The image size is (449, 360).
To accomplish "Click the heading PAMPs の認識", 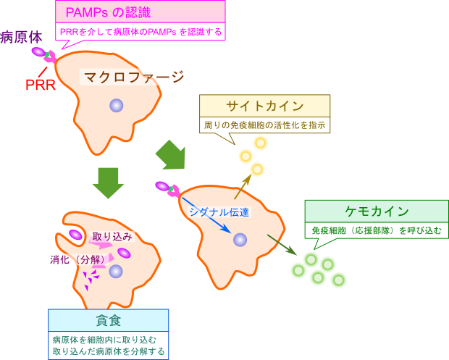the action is tap(108, 12).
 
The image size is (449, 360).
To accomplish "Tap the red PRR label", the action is tap(41, 85).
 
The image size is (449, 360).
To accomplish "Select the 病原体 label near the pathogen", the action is tap(21, 38).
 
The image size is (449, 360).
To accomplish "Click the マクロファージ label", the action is tap(134, 77).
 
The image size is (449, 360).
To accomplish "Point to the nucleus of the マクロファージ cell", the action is tap(117, 106).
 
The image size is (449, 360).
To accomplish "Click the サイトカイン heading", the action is tap(264, 106).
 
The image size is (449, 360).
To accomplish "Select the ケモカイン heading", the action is tap(377, 212).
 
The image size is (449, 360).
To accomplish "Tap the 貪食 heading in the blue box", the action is tap(108, 320).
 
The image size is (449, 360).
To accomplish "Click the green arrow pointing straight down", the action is tap(108, 183).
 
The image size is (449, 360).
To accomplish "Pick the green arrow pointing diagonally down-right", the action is tap(171, 155).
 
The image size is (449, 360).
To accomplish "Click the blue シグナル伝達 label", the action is tap(219, 212).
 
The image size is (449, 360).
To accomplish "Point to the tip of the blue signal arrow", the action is tap(231, 233).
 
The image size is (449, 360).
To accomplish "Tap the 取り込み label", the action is tap(112, 237).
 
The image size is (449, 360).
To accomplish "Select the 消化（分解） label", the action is tap(77, 259).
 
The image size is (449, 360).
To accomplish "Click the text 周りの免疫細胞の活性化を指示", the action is tap(264, 125).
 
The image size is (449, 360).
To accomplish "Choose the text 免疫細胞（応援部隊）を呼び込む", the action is tap(377, 230).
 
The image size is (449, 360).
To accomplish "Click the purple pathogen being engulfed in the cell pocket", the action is tap(75, 235).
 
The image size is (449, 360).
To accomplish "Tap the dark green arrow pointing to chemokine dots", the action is tap(282, 245).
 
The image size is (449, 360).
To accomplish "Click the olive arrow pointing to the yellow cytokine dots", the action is tap(243, 186).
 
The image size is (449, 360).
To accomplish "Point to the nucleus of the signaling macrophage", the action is tap(240, 240).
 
